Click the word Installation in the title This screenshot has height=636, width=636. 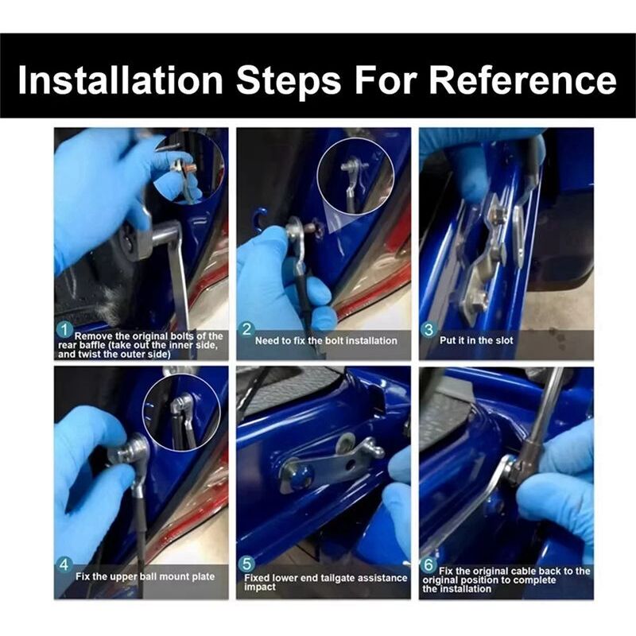click(x=121, y=79)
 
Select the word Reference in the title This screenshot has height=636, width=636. click(x=523, y=79)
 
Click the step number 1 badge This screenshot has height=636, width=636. click(x=64, y=330)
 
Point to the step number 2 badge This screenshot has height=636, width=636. click(x=246, y=329)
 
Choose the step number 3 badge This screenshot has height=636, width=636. click(x=429, y=329)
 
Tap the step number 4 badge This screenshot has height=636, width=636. click(x=64, y=565)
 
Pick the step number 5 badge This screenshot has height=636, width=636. click(x=246, y=564)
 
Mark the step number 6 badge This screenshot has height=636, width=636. click(x=429, y=564)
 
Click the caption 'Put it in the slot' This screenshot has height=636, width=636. click(x=476, y=340)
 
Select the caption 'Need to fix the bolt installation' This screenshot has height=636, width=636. click(x=326, y=341)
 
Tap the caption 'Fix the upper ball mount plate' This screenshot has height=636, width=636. click(x=145, y=576)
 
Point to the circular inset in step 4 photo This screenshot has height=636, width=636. click(x=181, y=412)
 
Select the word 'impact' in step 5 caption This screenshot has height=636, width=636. click(x=260, y=587)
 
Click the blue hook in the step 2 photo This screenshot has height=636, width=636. click(x=260, y=219)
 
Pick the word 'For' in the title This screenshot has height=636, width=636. click(x=386, y=79)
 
